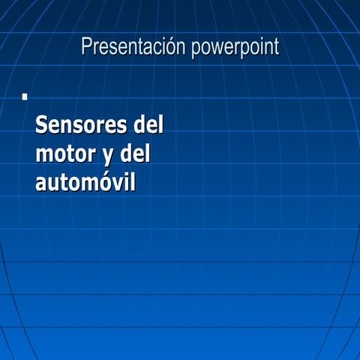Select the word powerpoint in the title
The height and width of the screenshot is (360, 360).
[x=235, y=48]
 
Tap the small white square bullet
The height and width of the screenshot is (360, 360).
[x=25, y=97]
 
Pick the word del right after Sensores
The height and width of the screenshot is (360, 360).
[x=147, y=124]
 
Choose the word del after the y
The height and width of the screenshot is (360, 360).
[x=135, y=154]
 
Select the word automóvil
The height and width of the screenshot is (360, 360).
[x=85, y=182]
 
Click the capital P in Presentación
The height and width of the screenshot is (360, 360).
[x=87, y=47]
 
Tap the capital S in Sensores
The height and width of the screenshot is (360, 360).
[x=43, y=124]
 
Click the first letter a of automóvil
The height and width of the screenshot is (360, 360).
[x=41, y=184]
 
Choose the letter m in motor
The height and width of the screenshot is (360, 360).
[x=44, y=155]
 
